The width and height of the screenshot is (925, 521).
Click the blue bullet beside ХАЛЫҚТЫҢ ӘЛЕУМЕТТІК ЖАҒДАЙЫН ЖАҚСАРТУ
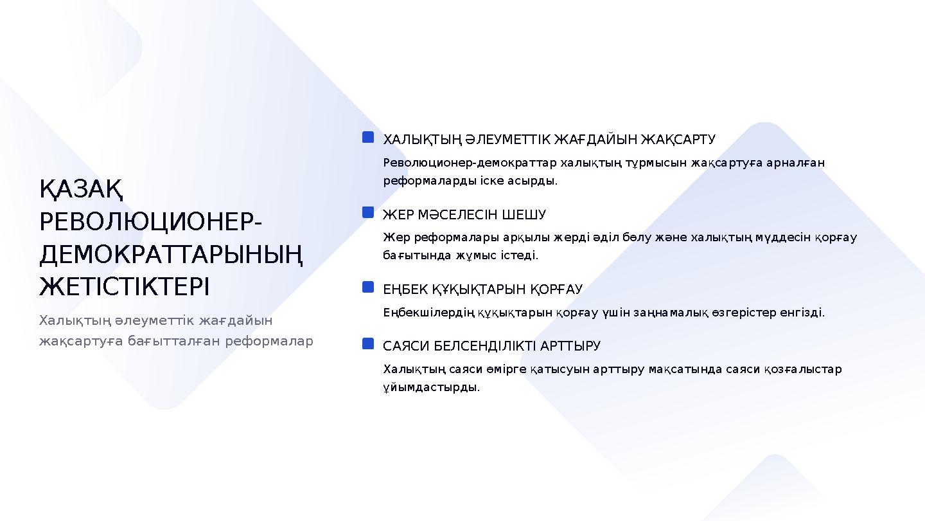click(x=368, y=138)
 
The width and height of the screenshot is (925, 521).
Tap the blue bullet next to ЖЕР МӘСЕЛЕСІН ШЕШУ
click(x=368, y=212)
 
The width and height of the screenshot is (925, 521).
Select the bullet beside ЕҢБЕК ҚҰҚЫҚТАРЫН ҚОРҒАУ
click(x=368, y=287)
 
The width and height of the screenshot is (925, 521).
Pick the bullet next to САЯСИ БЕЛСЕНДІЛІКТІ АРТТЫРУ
click(x=368, y=344)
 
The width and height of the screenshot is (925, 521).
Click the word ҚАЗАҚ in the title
click(x=82, y=190)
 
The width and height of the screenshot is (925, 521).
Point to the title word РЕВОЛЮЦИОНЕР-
click(x=150, y=223)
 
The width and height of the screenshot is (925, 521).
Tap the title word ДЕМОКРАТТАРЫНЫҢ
click(x=171, y=255)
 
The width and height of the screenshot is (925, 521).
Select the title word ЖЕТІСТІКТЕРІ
click(x=125, y=287)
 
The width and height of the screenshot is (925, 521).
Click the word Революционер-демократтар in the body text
click(x=470, y=163)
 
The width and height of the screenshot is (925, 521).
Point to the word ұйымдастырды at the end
click(x=431, y=387)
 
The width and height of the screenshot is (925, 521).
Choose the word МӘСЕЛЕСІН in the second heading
click(x=458, y=214)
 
